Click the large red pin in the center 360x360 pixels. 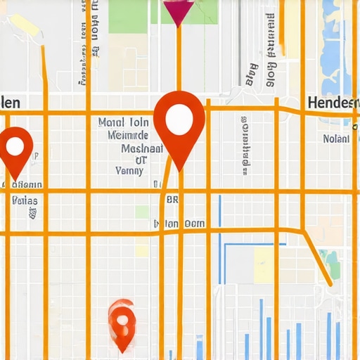pyautogui.click(x=179, y=127)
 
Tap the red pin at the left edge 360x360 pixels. pyautogui.click(x=16, y=151)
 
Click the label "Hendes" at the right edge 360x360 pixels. pyautogui.click(x=333, y=103)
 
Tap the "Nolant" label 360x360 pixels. pyautogui.click(x=335, y=139)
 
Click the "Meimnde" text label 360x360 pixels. pyautogui.click(x=128, y=135)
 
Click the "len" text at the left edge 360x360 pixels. pyautogui.click(x=10, y=103)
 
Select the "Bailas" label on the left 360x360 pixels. pyautogui.click(x=25, y=200)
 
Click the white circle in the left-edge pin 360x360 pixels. pyautogui.click(x=15, y=146)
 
